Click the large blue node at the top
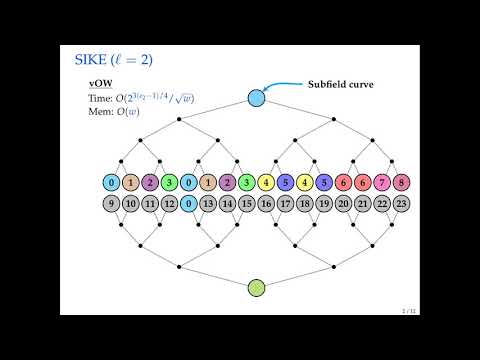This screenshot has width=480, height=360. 256,98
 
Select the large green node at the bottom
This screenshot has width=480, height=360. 256,289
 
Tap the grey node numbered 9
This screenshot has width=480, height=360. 111,204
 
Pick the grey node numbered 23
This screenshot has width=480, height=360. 402,204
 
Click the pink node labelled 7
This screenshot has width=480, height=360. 383,183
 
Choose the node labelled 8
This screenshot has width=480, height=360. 402,183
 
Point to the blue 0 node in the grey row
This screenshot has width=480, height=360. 188,204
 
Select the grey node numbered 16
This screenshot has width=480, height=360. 266,204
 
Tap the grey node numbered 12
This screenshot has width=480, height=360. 169,204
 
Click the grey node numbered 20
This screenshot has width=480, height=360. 344,204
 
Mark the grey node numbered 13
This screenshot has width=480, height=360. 208,204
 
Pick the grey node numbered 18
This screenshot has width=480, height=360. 305,204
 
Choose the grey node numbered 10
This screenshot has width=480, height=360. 130,204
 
